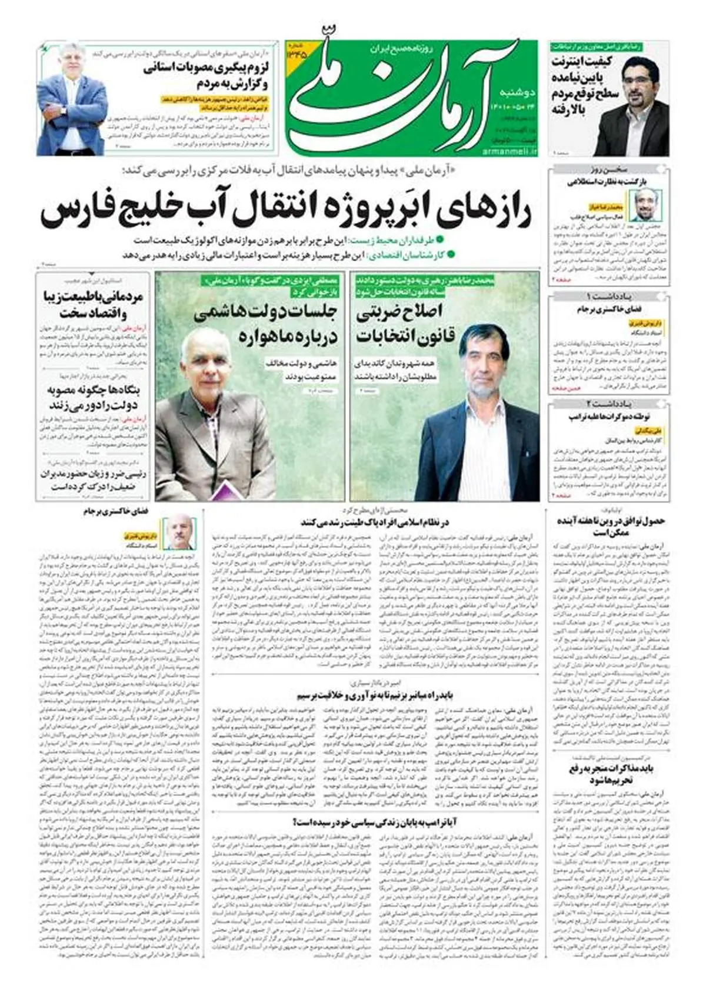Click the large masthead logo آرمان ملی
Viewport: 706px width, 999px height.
[x=400, y=94]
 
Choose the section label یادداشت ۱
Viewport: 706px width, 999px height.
[x=608, y=295]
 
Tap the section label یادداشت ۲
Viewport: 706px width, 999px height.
[x=608, y=404]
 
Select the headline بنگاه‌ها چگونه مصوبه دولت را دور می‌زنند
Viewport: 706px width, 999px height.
[x=93, y=397]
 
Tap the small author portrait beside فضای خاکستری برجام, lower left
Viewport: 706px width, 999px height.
[x=178, y=532]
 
